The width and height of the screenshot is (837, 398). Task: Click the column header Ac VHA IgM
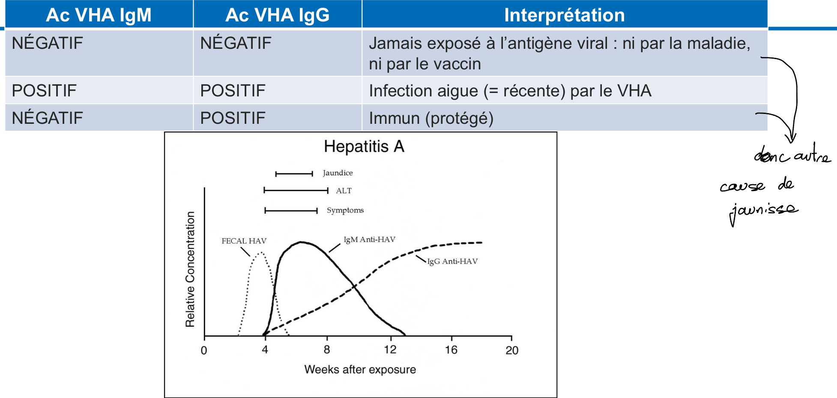(99, 15)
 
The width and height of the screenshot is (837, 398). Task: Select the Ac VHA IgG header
(277, 15)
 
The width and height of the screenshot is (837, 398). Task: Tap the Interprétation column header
(564, 15)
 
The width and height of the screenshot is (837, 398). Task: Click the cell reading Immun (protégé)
(431, 118)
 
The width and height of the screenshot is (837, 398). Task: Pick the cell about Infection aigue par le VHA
(510, 91)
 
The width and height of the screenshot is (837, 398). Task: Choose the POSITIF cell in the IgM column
(44, 91)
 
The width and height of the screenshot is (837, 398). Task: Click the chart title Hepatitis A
(364, 147)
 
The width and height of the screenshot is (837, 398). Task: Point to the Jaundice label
(338, 173)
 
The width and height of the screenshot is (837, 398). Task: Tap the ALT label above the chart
(344, 191)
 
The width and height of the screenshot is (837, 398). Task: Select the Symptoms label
(345, 210)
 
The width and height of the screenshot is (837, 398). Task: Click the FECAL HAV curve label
(244, 241)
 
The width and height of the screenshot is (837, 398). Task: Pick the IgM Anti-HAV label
(369, 239)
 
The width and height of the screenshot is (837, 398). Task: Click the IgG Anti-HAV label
(452, 261)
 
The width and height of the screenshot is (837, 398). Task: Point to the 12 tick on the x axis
(390, 350)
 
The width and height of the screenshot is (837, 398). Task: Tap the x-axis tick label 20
(512, 350)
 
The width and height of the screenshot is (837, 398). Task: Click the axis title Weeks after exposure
(360, 369)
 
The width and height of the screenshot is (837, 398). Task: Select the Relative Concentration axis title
(190, 269)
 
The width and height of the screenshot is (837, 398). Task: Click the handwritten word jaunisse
(763, 211)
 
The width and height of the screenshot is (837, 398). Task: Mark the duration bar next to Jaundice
(294, 174)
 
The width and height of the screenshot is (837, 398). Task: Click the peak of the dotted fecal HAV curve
(260, 253)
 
